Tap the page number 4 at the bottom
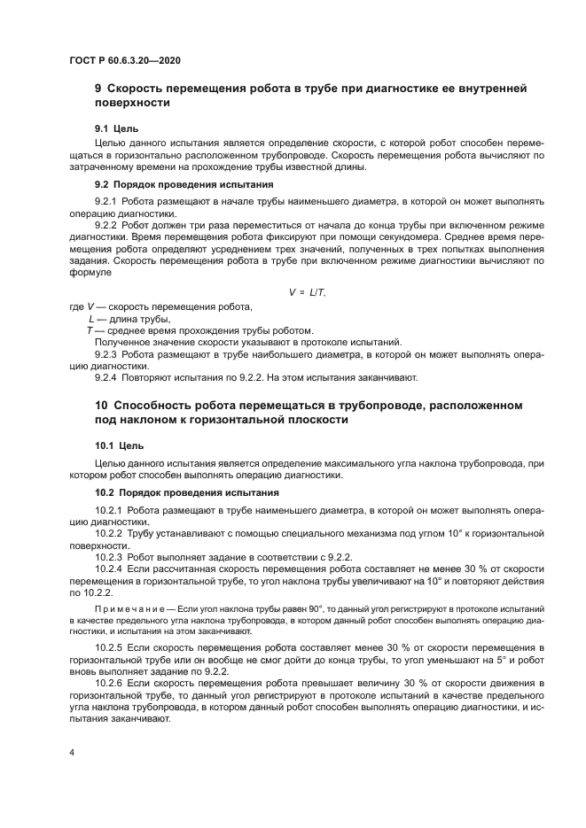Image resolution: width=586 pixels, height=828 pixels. click(x=71, y=752)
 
